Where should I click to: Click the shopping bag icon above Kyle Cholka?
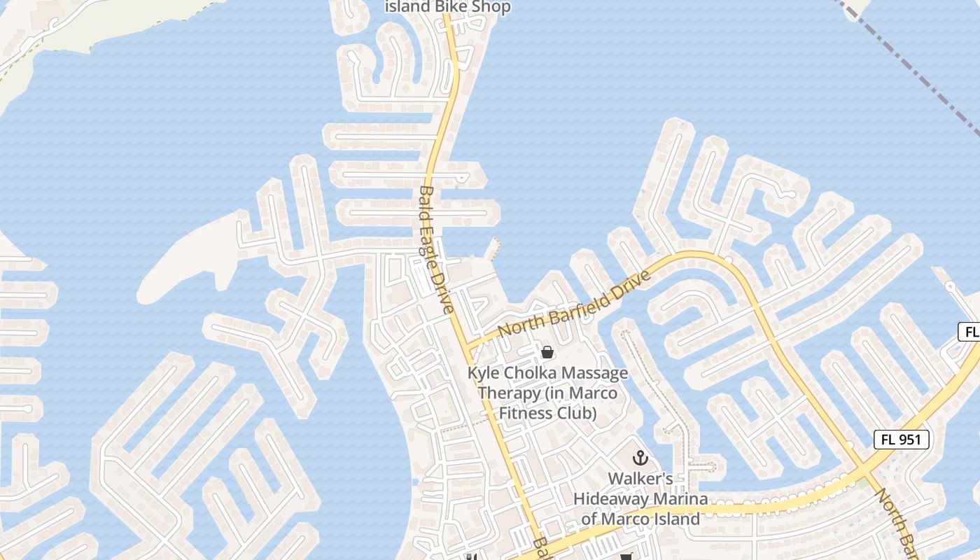coord(547,352)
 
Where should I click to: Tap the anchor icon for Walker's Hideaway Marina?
coord(640,458)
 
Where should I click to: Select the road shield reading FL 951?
coord(902,440)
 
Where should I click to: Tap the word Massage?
coord(595,373)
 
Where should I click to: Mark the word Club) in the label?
coord(580,413)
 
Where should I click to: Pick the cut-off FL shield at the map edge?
coord(969,332)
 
